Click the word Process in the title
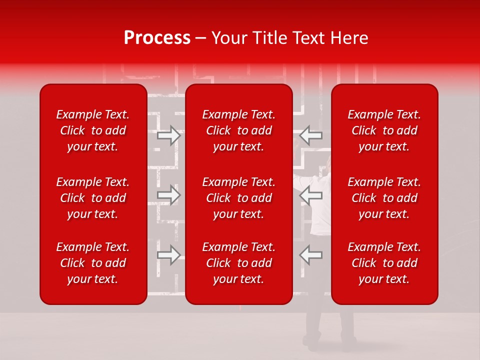point(157,38)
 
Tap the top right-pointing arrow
point(169,135)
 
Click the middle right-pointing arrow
point(169,195)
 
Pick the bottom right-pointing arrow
point(169,254)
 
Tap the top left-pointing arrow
point(310,135)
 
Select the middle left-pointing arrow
point(310,195)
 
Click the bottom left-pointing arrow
point(310,254)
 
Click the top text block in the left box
point(93,130)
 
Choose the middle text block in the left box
point(93,198)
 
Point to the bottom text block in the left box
point(93,263)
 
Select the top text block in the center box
point(239,130)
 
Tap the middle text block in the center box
point(239,198)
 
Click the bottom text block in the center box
point(239,263)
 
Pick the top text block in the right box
point(384,130)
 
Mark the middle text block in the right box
point(384,198)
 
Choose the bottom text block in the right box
point(384,263)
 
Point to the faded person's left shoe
point(312,342)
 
